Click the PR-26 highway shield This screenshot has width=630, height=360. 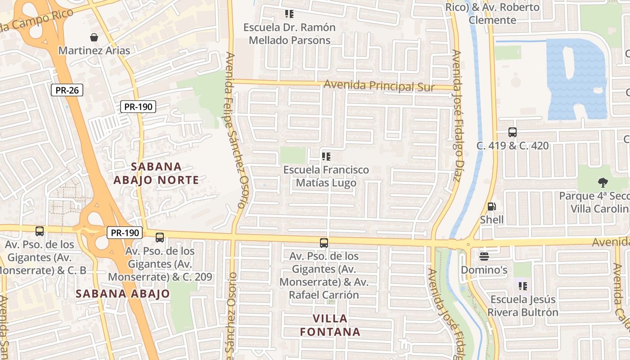click(x=67, y=90)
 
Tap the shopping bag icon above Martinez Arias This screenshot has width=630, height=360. click(x=94, y=37)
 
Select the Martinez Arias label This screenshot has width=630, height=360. click(x=94, y=50)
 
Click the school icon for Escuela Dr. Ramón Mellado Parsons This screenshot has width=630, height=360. click(x=289, y=14)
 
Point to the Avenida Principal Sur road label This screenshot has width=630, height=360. click(x=379, y=85)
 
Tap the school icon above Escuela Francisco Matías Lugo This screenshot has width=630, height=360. click(x=326, y=157)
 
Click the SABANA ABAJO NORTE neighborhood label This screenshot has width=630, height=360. click(x=156, y=173)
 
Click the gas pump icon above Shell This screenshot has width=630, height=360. click(x=492, y=207)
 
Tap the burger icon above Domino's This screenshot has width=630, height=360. click(x=484, y=256)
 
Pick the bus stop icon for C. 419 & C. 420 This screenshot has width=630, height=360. click(x=513, y=132)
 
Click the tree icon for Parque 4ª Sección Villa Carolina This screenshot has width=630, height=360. click(x=603, y=182)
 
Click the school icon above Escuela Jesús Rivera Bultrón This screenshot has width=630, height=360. click(x=522, y=286)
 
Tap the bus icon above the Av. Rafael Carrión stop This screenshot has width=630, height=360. click(x=324, y=243)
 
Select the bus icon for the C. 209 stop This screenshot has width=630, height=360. click(x=160, y=238)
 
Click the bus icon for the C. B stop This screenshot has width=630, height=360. click(x=40, y=231)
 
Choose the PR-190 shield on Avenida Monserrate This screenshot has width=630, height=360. click(x=125, y=233)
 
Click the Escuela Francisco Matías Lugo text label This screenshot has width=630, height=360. click(x=326, y=176)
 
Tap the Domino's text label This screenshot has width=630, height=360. click(x=484, y=270)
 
